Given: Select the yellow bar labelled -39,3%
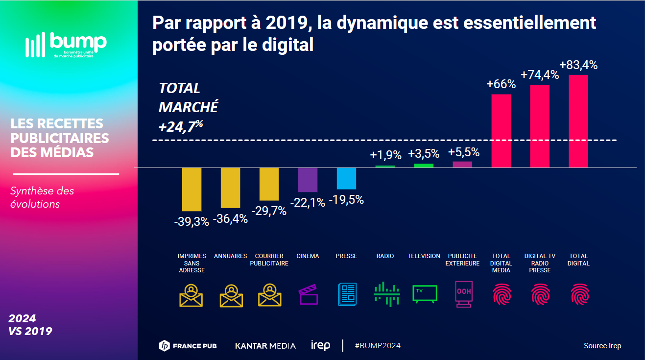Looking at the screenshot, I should pyautogui.click(x=191, y=189).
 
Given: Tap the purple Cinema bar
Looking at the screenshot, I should pyautogui.click(x=308, y=179).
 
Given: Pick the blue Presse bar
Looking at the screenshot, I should pyautogui.click(x=346, y=178).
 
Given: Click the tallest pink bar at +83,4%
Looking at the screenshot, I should pyautogui.click(x=578, y=121).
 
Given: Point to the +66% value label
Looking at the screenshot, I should pyautogui.click(x=501, y=84).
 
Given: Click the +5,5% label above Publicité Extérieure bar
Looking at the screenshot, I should pyautogui.click(x=462, y=152).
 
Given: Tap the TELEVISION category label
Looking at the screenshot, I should pyautogui.click(x=424, y=256).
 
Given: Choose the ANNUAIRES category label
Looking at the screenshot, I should pyautogui.click(x=230, y=256).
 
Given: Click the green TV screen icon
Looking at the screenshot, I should pyautogui.click(x=424, y=294).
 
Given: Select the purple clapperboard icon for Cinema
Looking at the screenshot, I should pyautogui.click(x=308, y=294).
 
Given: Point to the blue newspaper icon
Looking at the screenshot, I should pyautogui.click(x=347, y=294).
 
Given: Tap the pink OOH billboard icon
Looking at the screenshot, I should pyautogui.click(x=463, y=294).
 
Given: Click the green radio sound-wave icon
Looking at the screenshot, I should pyautogui.click(x=385, y=294).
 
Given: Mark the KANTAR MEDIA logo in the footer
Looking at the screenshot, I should pyautogui.click(x=265, y=346).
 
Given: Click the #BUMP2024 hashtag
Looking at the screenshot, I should pyautogui.click(x=378, y=346).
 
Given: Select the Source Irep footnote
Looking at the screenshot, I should pyautogui.click(x=602, y=346).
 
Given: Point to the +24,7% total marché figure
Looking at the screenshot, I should pyautogui.click(x=180, y=126).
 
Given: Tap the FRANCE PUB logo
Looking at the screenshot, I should pyautogui.click(x=188, y=346).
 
